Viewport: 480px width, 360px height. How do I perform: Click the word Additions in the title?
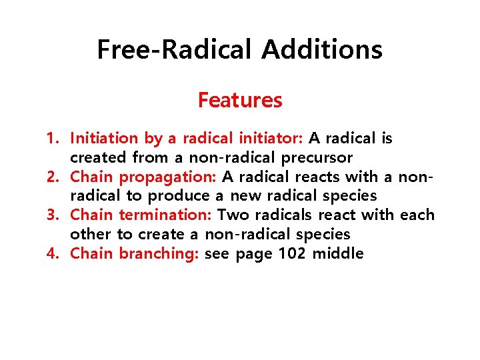click(322, 50)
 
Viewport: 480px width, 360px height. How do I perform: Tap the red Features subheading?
click(240, 101)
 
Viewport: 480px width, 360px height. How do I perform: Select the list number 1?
click(52, 139)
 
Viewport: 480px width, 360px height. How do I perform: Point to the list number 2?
click(52, 177)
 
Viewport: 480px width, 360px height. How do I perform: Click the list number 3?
click(52, 215)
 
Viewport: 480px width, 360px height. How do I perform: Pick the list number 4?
click(52, 253)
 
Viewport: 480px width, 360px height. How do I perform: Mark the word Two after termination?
click(233, 215)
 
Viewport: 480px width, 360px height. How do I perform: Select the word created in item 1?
click(99, 158)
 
